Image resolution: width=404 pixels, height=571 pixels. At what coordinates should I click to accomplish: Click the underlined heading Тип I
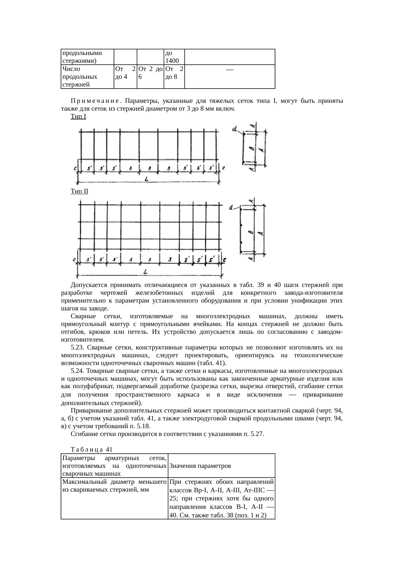(78, 116)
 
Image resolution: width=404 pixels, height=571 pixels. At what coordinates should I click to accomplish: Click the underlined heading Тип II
(79, 191)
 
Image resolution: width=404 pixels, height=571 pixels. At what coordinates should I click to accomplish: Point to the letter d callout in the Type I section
(235, 129)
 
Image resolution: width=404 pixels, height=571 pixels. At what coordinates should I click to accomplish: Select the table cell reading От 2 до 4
(125, 73)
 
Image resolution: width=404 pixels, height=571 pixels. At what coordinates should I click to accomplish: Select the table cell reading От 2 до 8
(174, 73)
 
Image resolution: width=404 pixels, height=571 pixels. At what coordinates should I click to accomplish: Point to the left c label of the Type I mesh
(75, 168)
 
